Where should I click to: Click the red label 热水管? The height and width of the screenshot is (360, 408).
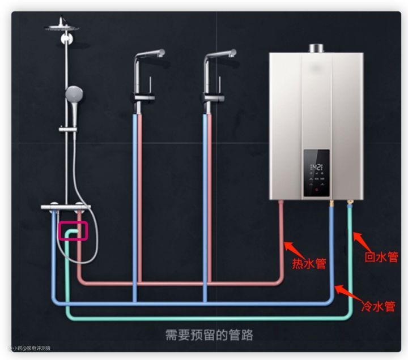(x=309, y=263)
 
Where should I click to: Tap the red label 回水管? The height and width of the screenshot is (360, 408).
(x=381, y=257)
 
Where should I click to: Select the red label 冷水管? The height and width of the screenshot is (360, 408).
(x=378, y=306)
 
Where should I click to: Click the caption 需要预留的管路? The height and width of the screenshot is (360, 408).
(x=209, y=333)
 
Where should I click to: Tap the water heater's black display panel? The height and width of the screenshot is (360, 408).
(x=316, y=173)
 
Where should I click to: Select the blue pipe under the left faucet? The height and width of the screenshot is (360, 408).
(x=134, y=198)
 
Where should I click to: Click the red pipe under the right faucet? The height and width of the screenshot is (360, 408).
(x=210, y=198)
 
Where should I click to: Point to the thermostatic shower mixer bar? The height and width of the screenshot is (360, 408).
(x=66, y=208)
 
